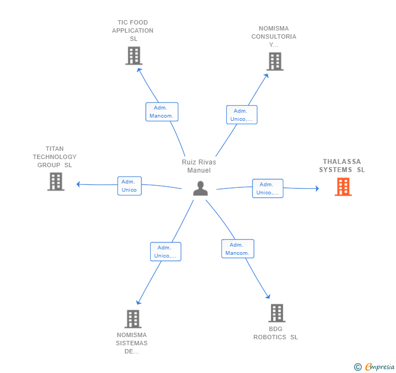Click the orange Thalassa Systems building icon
[343, 187]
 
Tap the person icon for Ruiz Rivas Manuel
[201, 188]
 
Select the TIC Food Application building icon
[133, 56]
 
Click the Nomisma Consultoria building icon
[275, 62]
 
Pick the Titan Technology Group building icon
[56, 181]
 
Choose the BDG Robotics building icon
[276, 313]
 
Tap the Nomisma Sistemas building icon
[133, 319]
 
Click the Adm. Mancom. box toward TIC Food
[162, 112]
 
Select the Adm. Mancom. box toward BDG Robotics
[237, 248]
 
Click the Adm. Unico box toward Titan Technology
[129, 186]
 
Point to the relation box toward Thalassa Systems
[267, 188]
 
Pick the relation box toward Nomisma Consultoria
[242, 115]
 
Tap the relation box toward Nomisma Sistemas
[165, 252]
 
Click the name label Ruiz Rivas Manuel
[199, 166]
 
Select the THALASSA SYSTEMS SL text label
[342, 166]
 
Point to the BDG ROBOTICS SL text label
[275, 333]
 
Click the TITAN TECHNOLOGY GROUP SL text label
[54, 157]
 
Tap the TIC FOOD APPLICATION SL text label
[133, 30]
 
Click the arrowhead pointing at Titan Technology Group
[78, 184]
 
